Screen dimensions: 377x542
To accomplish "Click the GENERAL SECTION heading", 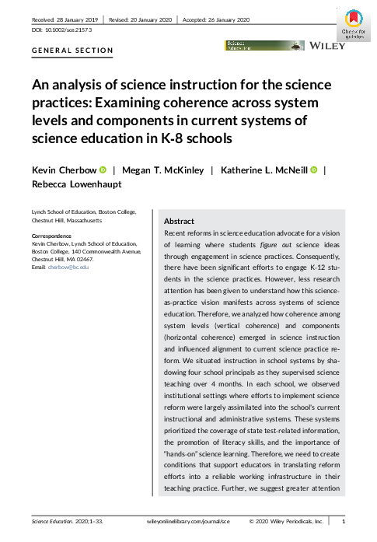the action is [73, 51].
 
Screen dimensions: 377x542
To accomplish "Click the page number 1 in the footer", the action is [344, 522].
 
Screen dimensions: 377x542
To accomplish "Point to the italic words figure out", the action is [274, 254].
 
